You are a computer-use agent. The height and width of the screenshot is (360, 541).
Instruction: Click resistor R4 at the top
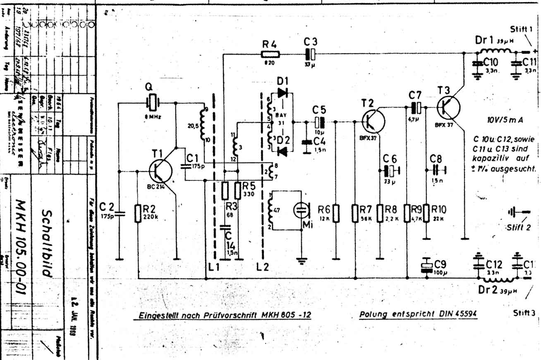(270, 53)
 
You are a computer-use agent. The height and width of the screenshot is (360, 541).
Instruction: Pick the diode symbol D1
(282, 93)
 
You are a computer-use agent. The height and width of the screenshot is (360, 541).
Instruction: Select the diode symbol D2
(282, 151)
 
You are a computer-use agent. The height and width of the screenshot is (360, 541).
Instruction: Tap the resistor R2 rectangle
(139, 214)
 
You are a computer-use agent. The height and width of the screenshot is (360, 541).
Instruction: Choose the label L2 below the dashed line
(263, 266)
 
